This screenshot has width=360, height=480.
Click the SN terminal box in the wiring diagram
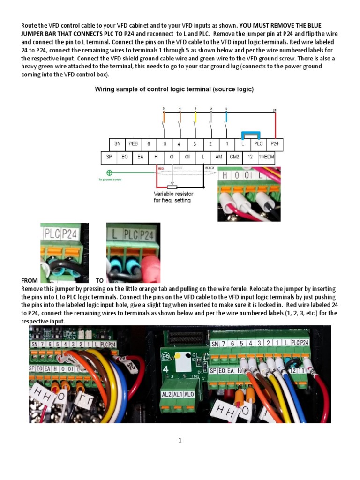[117, 144]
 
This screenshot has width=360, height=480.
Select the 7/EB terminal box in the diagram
[133, 144]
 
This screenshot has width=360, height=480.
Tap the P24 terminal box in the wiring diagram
[275, 144]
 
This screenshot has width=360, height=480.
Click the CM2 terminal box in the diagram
[234, 157]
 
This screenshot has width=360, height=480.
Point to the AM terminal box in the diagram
[218, 157]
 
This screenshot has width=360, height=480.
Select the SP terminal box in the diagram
[109, 157]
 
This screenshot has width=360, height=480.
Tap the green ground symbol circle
[110, 172]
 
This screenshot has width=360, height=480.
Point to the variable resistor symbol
[165, 187]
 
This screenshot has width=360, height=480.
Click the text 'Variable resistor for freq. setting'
[173, 197]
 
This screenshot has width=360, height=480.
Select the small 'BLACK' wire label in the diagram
[210, 167]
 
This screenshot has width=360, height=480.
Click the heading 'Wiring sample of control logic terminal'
[174, 89]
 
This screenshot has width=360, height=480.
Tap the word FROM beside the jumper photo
[30, 280]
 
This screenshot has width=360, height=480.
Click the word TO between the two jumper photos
[99, 280]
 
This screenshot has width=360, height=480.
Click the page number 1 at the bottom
[180, 440]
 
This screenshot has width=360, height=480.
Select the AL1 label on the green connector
[177, 395]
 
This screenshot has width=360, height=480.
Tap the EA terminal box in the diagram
[140, 157]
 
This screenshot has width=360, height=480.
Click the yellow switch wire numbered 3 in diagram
[195, 116]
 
